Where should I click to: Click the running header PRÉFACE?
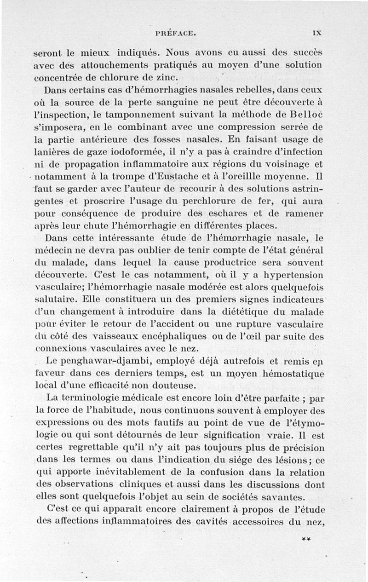pos(176,33)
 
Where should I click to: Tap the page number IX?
pos(316,33)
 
